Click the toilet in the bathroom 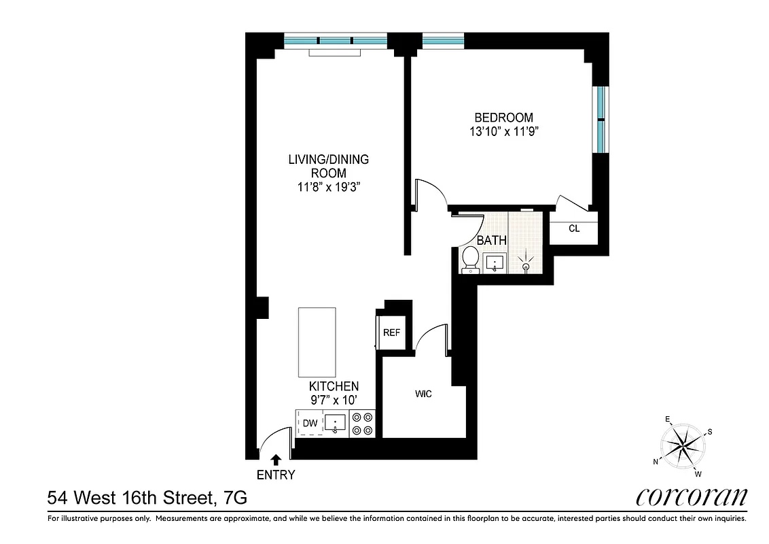point(469,260)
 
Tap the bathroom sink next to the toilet point(494,262)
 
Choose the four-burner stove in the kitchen point(362,423)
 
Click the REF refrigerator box point(391,333)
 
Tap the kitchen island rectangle point(317,341)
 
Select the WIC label point(423,394)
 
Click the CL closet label point(574,228)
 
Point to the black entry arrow point(276,461)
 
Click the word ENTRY point(276,475)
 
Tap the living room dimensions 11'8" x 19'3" point(328,187)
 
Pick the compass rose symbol point(683,445)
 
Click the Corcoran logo point(692,496)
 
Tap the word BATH point(490,240)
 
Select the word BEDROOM point(503,118)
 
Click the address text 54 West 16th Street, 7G point(147,498)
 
